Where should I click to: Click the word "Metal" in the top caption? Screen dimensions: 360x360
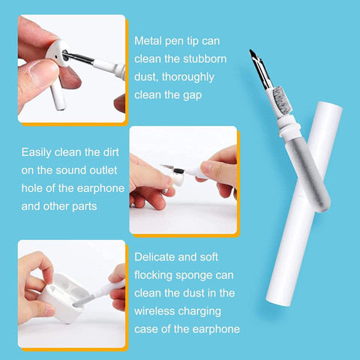coord(148,40)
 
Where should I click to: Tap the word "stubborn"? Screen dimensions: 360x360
coord(205,59)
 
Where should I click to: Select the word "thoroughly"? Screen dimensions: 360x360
coord(188,77)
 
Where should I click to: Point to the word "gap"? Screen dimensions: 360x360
coord(192,95)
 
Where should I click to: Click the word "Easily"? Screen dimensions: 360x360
coord(36,152)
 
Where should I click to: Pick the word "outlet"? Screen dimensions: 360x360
coord(103,170)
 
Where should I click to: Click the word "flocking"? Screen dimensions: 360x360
coord(153,275)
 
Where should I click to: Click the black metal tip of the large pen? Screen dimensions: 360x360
coord(260,69)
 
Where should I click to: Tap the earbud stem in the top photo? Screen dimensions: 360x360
coord(58,95)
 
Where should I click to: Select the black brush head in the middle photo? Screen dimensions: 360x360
coord(178,171)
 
